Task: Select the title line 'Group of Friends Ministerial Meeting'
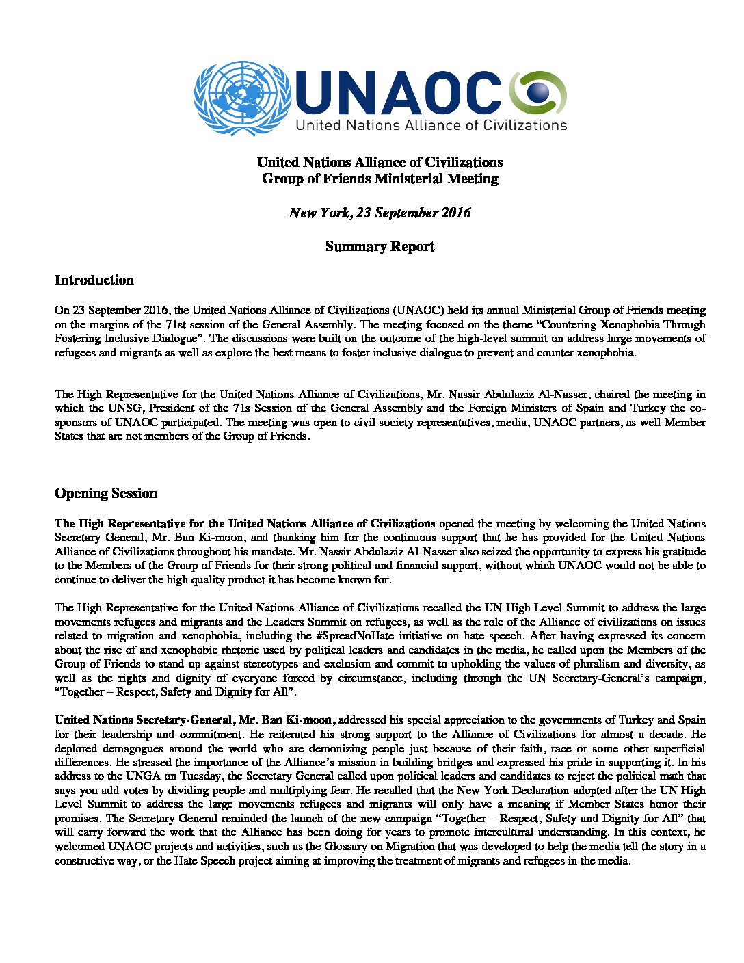380,179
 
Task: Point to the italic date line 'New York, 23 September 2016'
380,213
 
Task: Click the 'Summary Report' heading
380,247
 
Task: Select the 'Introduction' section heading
94,280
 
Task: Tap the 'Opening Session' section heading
106,494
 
